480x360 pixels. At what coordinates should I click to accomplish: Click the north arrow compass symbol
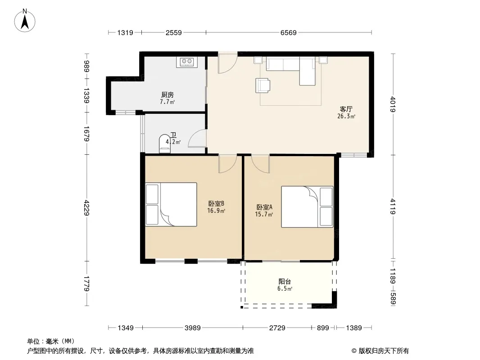[25, 20]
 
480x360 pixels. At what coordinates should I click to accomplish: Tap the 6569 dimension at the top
[288, 32]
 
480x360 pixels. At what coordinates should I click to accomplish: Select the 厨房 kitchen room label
[168, 95]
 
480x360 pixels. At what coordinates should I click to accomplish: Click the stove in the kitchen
[187, 62]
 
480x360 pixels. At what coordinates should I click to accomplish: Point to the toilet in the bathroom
[165, 144]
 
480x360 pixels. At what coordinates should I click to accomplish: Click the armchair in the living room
[263, 85]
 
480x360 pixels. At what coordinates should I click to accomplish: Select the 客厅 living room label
[346, 109]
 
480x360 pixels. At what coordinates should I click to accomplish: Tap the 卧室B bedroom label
[217, 203]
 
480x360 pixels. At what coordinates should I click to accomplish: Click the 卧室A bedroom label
[264, 207]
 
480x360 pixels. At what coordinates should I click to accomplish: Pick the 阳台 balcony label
[285, 281]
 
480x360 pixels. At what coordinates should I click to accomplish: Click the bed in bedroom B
[171, 204]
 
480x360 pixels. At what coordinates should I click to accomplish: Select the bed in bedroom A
[307, 207]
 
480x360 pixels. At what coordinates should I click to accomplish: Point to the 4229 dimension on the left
[86, 208]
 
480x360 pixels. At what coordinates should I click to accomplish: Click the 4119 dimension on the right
[393, 207]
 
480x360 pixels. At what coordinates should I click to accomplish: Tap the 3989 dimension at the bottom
[193, 328]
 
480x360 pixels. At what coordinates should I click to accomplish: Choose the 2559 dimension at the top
[173, 32]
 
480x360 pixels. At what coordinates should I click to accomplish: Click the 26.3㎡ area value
[346, 116]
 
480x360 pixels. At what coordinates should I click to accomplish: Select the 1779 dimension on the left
[86, 283]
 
